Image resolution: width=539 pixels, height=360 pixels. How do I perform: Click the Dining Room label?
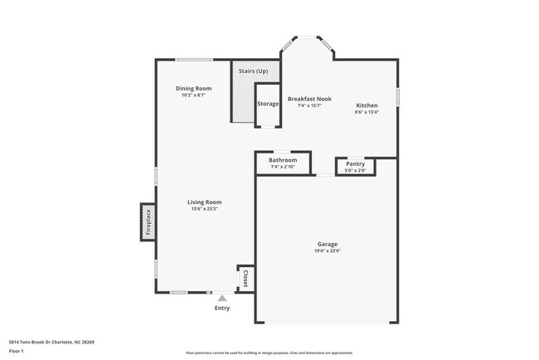pos(193,89)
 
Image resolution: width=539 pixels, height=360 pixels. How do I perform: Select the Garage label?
pos(327,244)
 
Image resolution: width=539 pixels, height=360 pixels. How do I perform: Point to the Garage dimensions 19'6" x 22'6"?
pos(327,251)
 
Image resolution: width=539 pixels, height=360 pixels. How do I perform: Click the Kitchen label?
pos(367,105)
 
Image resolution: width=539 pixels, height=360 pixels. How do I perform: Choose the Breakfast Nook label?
pos(309,99)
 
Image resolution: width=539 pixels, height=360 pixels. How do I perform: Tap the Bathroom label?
pos(283,160)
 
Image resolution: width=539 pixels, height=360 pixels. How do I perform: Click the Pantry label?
pos(355,164)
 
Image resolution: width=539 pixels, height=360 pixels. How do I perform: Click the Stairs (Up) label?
pos(253,71)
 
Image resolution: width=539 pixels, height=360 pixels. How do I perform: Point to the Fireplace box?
pos(148,223)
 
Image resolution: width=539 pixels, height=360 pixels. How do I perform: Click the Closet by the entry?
pos(245,278)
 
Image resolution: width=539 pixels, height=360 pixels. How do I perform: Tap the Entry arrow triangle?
pos(221,298)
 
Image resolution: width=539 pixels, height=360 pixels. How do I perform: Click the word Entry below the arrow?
pos(222,309)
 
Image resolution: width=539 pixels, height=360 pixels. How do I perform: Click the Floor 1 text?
pos(17,351)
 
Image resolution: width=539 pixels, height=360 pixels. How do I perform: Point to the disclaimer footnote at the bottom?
pos(269,353)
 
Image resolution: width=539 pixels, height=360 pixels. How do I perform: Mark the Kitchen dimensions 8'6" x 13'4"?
pos(367,112)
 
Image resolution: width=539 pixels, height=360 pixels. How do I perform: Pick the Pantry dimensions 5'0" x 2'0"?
pos(355,171)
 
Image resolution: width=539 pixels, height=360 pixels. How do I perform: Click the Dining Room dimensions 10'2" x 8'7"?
pos(193,95)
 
